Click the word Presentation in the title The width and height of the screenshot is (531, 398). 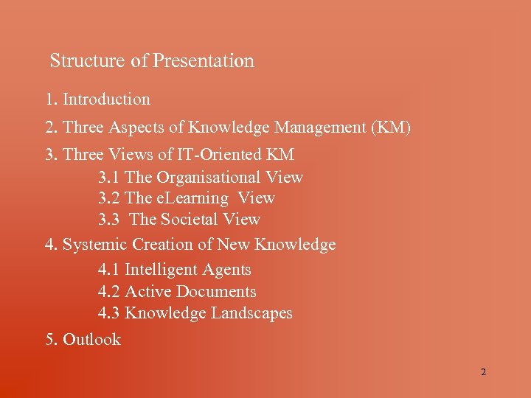point(204,61)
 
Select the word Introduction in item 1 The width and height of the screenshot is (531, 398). point(106,99)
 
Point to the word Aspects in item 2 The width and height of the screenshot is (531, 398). point(137,128)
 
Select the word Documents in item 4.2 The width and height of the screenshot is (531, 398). point(216,292)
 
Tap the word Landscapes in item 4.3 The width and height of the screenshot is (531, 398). point(251,313)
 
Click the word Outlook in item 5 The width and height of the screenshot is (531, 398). point(91,340)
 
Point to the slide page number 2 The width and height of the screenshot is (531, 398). point(483,372)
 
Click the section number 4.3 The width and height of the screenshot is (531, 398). point(109,313)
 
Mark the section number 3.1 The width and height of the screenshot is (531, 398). point(109,178)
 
